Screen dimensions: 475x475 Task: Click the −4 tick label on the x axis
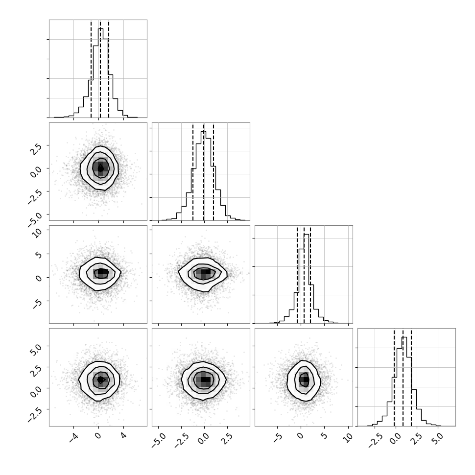pyautogui.click(x=73, y=438)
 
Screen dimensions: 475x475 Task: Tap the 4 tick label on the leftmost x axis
pyautogui.click(x=123, y=436)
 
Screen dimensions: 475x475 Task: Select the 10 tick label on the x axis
pyautogui.click(x=348, y=438)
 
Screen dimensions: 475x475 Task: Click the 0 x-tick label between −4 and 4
pyautogui.click(x=98, y=436)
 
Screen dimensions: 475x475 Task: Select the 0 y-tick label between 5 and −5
pyautogui.click(x=39, y=278)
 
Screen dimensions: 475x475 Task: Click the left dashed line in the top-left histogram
pyautogui.click(x=91, y=69)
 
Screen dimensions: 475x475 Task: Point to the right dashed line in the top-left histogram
pyautogui.click(x=108, y=69)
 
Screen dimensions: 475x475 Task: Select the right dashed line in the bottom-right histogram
pyautogui.click(x=411, y=377)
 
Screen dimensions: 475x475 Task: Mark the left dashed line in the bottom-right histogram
pyautogui.click(x=394, y=377)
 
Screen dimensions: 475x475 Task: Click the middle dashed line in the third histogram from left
pyautogui.click(x=304, y=274)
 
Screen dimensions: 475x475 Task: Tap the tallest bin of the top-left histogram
pyautogui.click(x=100, y=72)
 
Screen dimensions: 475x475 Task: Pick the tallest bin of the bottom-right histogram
pyautogui.click(x=404, y=381)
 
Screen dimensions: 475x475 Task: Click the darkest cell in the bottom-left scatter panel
pyautogui.click(x=100, y=380)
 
